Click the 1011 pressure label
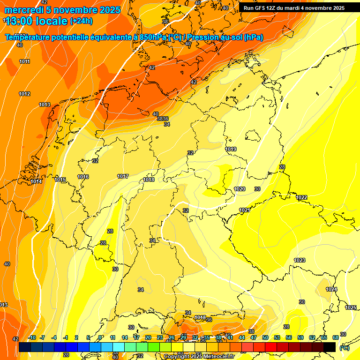pyautogui.click(x=25, y=62)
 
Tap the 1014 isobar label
pyautogui.click(x=36, y=181)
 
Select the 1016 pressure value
pyautogui.click(x=83, y=177)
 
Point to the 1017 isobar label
pyautogui.click(x=123, y=176)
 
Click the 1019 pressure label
pyautogui.click(x=231, y=149)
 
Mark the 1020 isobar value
pyautogui.click(x=240, y=189)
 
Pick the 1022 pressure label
pyautogui.click(x=301, y=197)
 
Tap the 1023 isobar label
pyautogui.click(x=300, y=260)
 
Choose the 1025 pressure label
pyautogui.click(x=351, y=307)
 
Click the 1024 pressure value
pyautogui.click(x=331, y=289)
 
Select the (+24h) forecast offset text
pyautogui.click(x=81, y=21)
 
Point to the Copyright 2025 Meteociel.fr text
pyautogui.click(x=199, y=357)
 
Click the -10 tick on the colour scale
pyautogui.click(x=32, y=337)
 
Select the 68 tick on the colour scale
pyautogui.click(x=336, y=337)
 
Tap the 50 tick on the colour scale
pyautogui.click(x=265, y=337)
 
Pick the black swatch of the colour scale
pyautogui.click(x=330, y=346)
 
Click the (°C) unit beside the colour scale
pyautogui.click(x=344, y=348)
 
